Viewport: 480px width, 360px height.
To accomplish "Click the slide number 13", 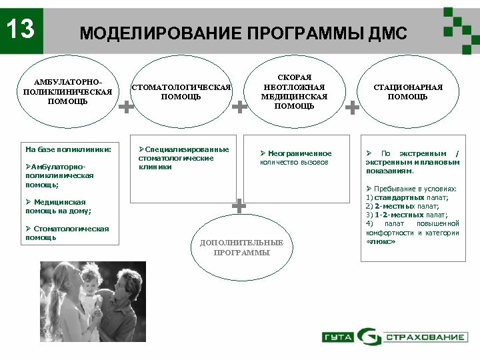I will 21,29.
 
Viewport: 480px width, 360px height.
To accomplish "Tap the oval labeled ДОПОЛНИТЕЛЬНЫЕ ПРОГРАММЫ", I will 241,247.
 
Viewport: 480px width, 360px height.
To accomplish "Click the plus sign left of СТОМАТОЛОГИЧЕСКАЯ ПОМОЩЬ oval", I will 125,106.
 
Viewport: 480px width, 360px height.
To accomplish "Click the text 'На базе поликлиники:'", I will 67,150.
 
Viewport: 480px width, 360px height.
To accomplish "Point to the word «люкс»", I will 381,241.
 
